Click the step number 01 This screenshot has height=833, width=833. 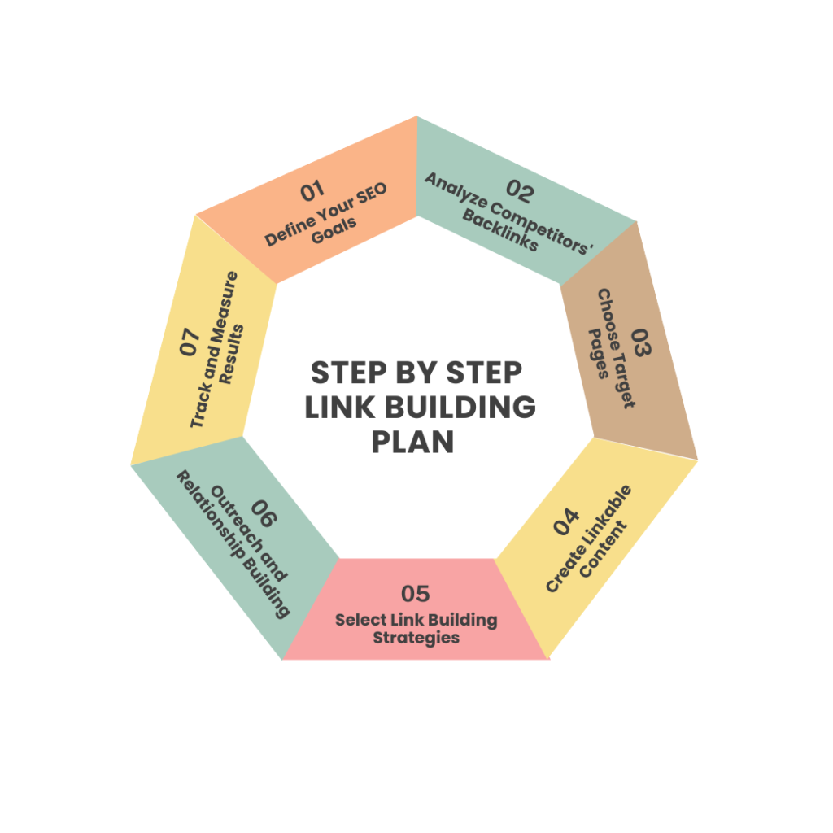[x=312, y=190]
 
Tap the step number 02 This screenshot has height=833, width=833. [x=520, y=191]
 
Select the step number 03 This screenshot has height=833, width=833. [x=641, y=342]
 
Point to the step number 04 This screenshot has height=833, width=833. [x=565, y=521]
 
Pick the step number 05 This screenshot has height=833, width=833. [x=416, y=594]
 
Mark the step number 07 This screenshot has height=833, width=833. [x=190, y=341]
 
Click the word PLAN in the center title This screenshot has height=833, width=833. [x=412, y=442]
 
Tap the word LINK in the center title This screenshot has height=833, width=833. [x=340, y=408]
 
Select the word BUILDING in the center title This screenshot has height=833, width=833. [x=460, y=408]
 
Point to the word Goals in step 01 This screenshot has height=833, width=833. [x=334, y=231]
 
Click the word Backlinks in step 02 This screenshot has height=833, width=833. [x=500, y=230]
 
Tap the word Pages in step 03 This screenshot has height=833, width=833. [x=599, y=353]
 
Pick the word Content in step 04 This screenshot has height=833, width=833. [x=604, y=549]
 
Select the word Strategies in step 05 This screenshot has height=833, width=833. [x=416, y=638]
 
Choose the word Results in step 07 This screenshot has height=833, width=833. [x=232, y=355]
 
